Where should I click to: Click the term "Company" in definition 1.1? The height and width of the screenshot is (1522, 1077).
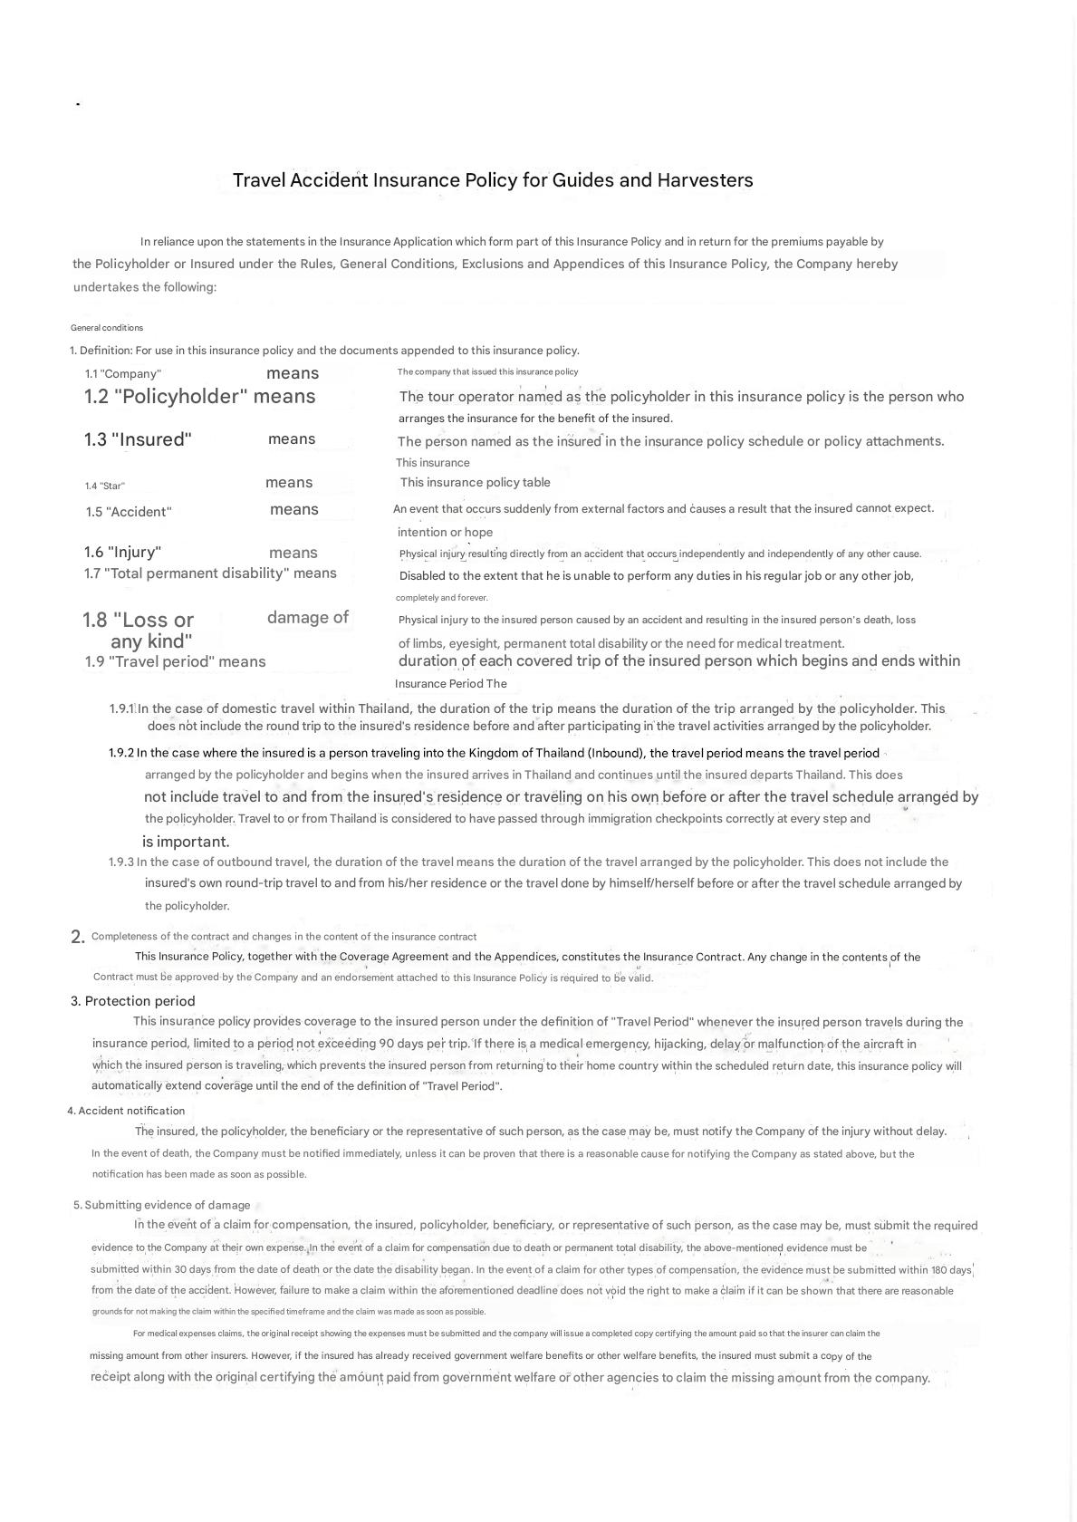(x=133, y=374)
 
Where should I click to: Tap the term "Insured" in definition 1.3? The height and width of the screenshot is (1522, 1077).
(x=151, y=440)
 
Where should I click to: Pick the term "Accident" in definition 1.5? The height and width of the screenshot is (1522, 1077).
(x=139, y=512)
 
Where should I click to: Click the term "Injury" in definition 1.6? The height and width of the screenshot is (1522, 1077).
(x=134, y=553)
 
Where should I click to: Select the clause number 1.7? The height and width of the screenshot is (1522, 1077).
(x=91, y=573)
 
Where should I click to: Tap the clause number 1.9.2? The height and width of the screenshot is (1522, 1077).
(x=120, y=753)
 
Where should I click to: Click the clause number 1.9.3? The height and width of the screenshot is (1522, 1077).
(x=120, y=862)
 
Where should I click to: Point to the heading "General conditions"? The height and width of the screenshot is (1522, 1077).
(x=107, y=328)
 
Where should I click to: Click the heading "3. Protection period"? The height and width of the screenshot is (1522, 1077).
(x=133, y=1001)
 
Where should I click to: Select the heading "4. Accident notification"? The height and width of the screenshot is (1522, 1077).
(x=126, y=1111)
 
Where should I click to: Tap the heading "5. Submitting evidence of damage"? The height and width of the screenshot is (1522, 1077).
(x=161, y=1205)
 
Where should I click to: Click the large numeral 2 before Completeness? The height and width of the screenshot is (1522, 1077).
(x=77, y=938)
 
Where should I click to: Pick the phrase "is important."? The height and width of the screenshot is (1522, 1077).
(x=186, y=842)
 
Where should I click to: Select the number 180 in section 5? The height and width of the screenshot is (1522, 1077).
(x=940, y=1270)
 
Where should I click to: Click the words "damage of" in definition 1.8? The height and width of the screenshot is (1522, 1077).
(x=308, y=618)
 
